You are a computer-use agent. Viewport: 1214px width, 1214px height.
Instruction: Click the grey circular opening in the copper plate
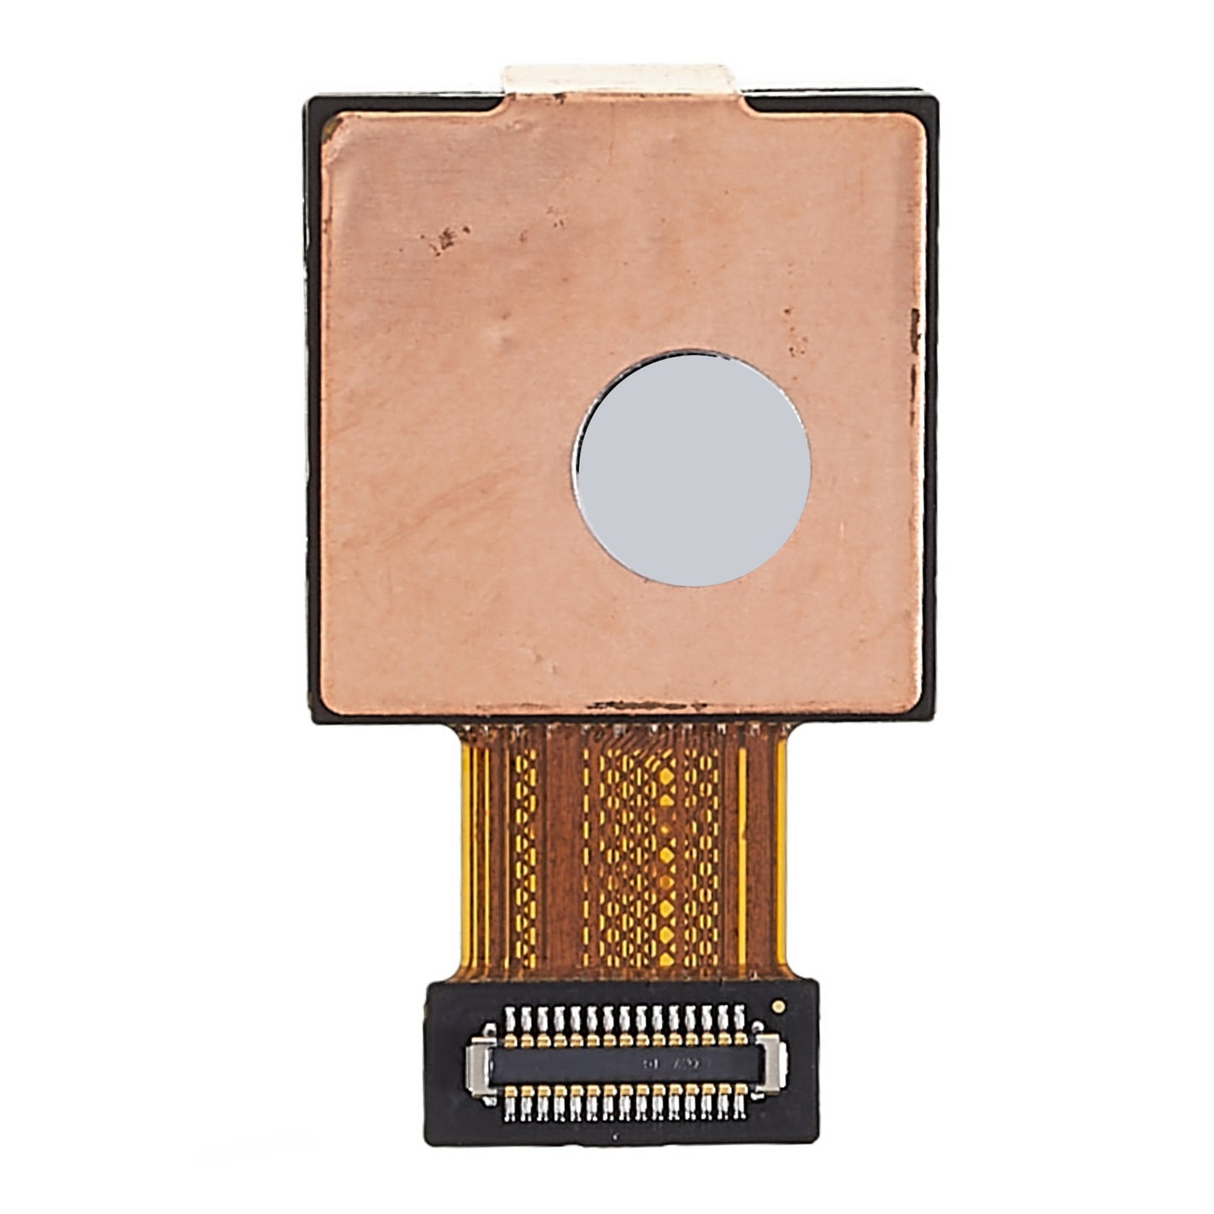691,469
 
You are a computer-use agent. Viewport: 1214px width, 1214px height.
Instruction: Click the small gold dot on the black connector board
778,1005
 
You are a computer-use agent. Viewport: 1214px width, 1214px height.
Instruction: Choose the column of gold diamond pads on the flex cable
666,849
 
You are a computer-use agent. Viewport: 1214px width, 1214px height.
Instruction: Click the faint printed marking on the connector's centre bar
672,1064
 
